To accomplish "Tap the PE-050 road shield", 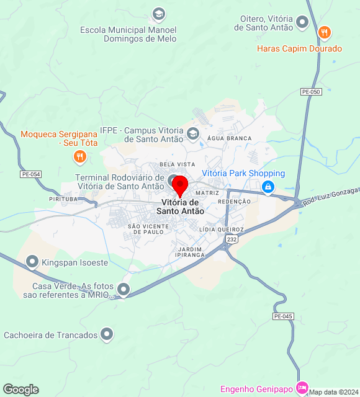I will tap(311, 92).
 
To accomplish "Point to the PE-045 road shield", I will tap(282, 316).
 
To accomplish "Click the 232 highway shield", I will tap(231, 239).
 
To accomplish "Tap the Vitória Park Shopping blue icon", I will tap(268, 186).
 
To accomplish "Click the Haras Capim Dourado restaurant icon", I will tap(323, 32).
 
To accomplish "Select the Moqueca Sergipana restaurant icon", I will tap(79, 157).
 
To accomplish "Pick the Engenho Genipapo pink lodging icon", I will tap(302, 388).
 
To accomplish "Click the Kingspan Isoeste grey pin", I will tap(32, 262).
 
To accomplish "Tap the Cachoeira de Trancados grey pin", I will tap(107, 335).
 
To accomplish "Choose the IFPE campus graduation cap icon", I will tap(193, 133).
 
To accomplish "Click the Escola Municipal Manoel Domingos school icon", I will tap(159, 13).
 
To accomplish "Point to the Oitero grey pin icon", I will tap(302, 23).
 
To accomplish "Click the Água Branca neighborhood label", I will tap(230, 138).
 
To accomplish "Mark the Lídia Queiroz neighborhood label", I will tap(222, 230).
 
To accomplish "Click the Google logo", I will tap(20, 390).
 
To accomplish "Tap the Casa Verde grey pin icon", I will tap(124, 289).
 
